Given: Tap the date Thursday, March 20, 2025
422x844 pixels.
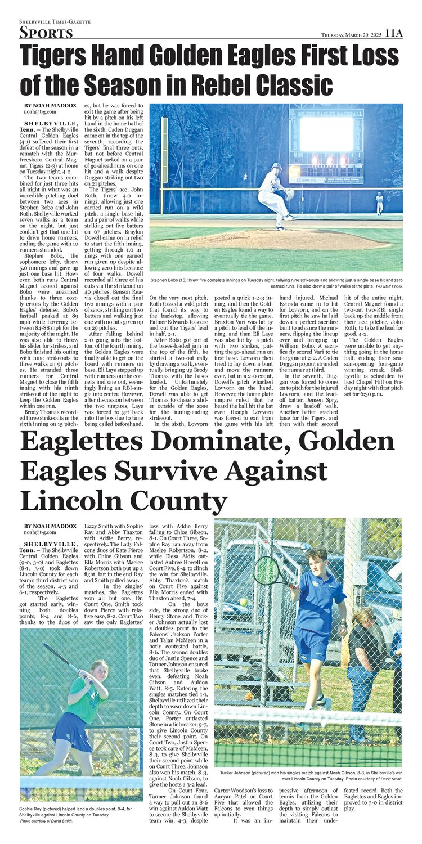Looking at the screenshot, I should (x=351, y=35).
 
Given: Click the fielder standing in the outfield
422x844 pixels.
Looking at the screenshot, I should (x=380, y=203).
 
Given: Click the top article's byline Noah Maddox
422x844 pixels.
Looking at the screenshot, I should (x=50, y=106).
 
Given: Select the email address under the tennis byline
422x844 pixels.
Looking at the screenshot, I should (x=39, y=532).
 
